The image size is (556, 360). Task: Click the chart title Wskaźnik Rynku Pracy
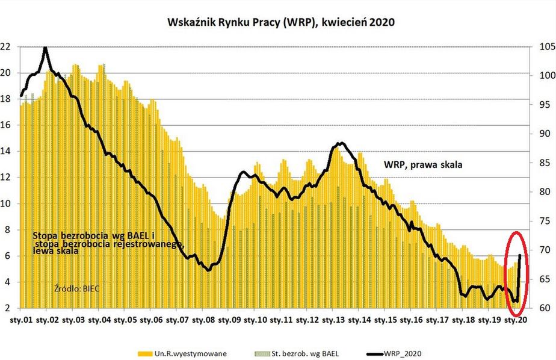click(276, 22)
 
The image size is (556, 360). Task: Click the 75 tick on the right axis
click(541, 221)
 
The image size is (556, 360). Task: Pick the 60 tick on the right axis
click(541, 308)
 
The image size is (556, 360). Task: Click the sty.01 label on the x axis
click(20, 320)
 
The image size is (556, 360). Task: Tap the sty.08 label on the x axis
click(202, 320)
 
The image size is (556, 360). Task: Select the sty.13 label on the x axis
click(332, 320)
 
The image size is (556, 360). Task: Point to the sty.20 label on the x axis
click(515, 320)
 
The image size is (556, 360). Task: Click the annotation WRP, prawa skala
click(422, 164)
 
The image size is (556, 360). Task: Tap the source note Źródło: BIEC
click(76, 288)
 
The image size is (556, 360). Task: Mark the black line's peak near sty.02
click(46, 47)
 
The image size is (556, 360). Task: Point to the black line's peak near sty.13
click(341, 143)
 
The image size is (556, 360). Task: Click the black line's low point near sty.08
click(208, 270)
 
